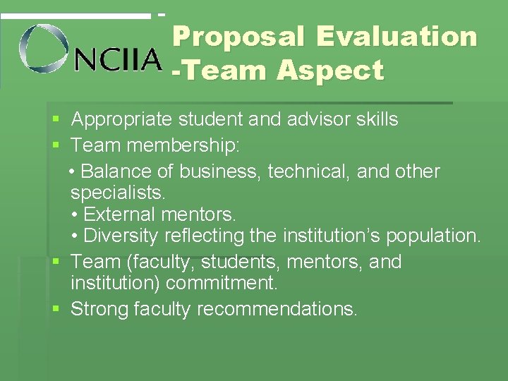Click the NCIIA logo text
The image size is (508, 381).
pyautogui.click(x=118, y=60)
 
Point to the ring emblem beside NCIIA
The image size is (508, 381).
pyautogui.click(x=44, y=48)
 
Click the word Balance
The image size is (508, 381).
pyautogui.click(x=116, y=171)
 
